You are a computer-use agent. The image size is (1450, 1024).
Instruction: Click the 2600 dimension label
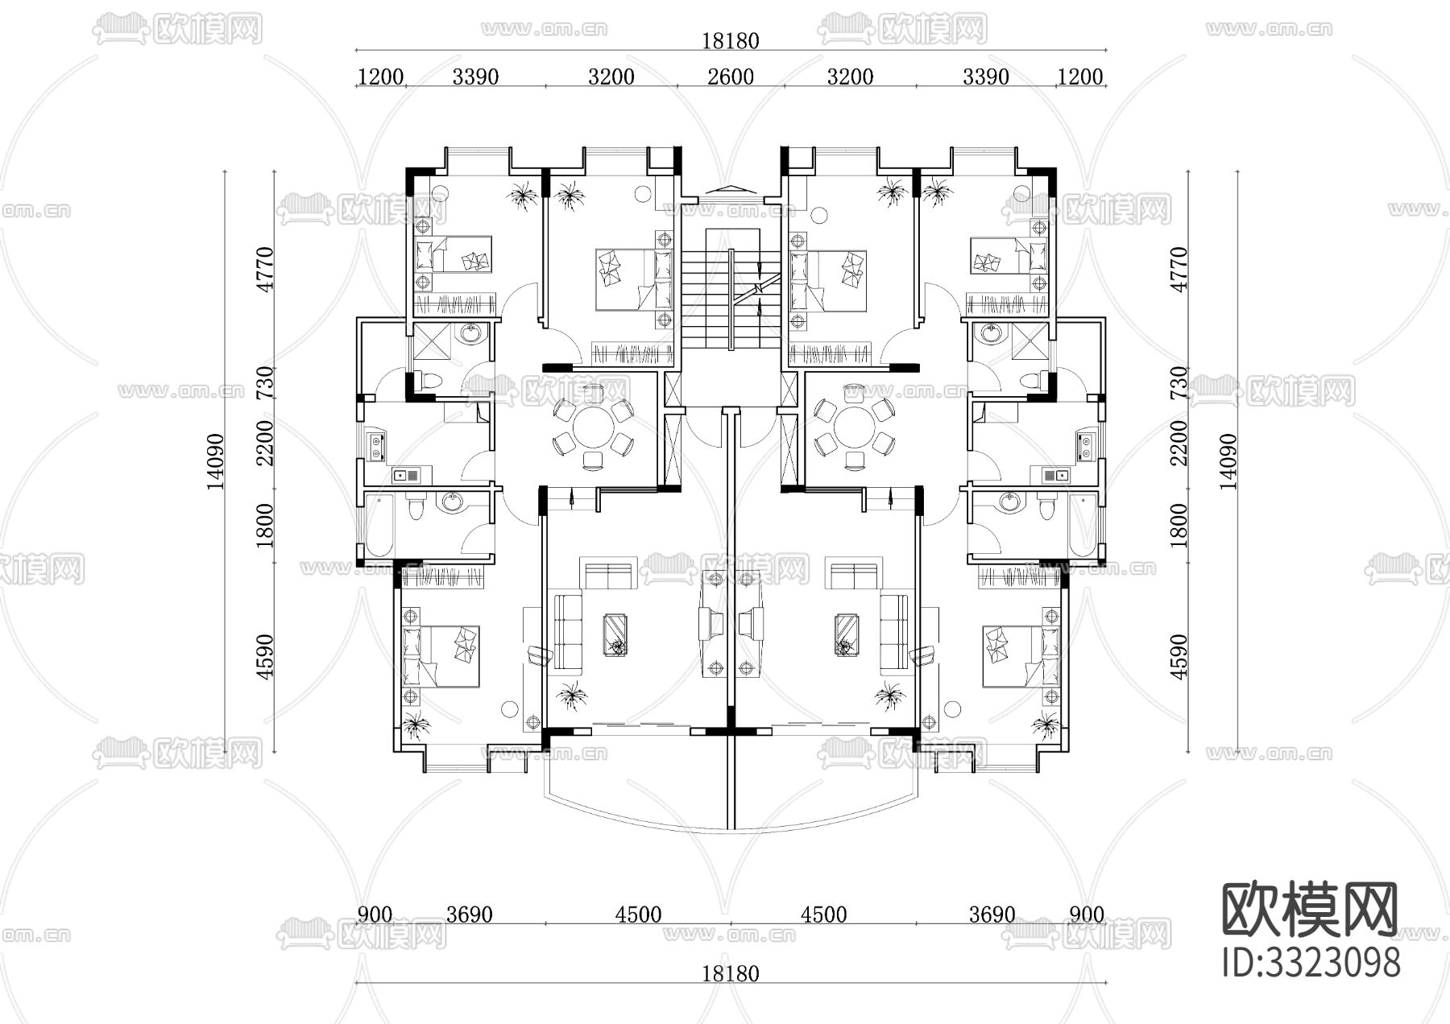click(731, 76)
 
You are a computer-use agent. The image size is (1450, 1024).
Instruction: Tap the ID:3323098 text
click(1311, 962)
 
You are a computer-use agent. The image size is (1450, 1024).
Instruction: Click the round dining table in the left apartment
click(592, 424)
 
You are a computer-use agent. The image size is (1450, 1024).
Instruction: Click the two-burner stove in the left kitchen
click(376, 446)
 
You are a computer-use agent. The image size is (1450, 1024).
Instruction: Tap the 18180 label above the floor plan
click(730, 40)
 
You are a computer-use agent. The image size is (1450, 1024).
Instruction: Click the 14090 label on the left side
click(215, 461)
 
